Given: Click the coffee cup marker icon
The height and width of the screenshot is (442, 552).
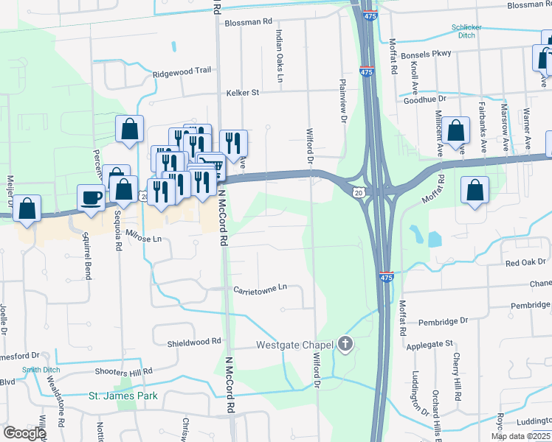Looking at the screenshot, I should click(92, 198).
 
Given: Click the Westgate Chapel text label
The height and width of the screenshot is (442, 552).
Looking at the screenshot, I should click(295, 345).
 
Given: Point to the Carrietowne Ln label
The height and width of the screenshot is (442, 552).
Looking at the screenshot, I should click(260, 288).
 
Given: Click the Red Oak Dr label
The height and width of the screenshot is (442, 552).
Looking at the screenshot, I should click(525, 262).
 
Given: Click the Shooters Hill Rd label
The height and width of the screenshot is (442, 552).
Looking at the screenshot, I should click(128, 372).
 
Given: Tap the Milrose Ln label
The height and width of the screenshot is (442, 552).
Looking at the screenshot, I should click(143, 239).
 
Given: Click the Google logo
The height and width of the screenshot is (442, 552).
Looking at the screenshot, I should click(24, 433).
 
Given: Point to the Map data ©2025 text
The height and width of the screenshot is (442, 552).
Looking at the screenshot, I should click(520, 436).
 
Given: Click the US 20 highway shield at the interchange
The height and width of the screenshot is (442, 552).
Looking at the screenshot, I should click(358, 192).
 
